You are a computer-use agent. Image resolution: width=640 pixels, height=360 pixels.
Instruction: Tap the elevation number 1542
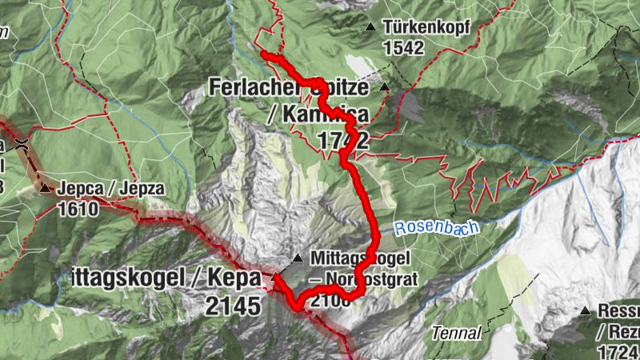[403, 48]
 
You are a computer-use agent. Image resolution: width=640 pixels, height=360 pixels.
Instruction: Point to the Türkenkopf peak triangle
[370, 27]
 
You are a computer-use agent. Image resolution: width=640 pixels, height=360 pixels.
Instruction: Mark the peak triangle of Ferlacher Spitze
[385, 87]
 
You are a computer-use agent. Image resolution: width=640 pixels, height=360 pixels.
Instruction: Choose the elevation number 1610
[78, 210]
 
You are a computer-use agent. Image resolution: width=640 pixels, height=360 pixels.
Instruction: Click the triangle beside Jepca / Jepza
[46, 189]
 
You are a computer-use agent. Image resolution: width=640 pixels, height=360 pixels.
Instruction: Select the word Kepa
[237, 278]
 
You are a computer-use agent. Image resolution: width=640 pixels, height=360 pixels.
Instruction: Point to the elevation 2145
[233, 306]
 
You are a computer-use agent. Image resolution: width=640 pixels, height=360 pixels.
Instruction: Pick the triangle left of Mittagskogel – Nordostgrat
[298, 258]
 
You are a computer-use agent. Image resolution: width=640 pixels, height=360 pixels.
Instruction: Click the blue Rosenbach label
[433, 228]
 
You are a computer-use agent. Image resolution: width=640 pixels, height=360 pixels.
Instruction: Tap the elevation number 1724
[618, 351]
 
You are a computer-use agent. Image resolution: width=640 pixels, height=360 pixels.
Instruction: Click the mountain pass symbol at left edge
[23, 144]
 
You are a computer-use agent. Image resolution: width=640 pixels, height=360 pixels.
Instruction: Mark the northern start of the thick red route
[264, 54]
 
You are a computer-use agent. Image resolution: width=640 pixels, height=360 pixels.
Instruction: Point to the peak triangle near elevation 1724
[586, 310]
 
